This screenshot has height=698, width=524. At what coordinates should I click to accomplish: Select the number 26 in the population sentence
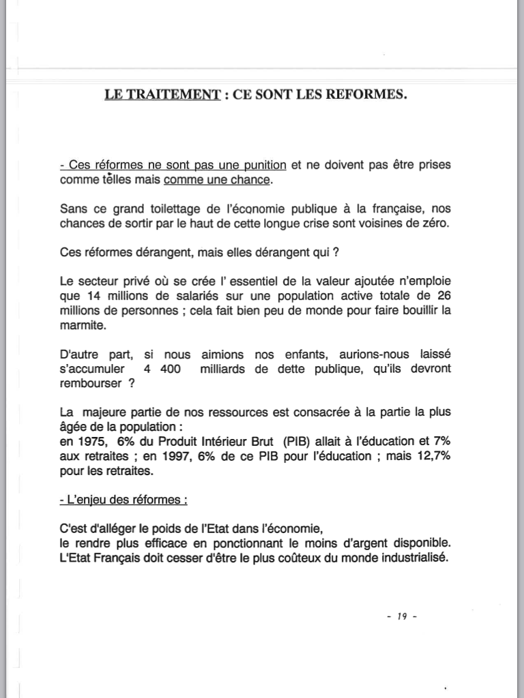coord(443,297)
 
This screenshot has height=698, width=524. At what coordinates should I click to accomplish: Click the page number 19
coord(401,617)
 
